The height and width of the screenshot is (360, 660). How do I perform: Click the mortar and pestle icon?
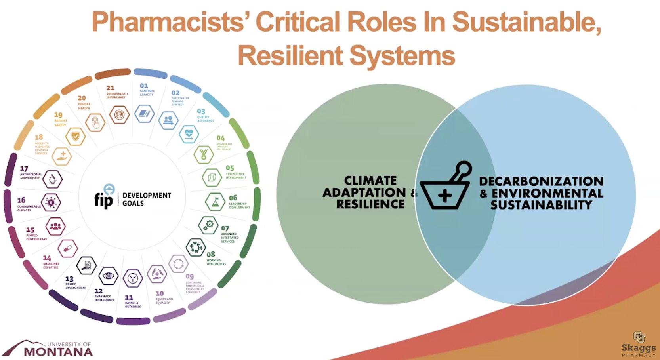pos(446,187)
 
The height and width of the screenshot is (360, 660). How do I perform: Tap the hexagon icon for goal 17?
pos(52,179)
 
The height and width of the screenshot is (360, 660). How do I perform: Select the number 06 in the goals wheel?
pos(233,197)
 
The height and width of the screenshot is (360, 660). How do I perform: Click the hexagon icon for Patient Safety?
pos(75,137)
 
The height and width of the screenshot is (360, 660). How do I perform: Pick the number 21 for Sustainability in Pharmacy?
pos(111,88)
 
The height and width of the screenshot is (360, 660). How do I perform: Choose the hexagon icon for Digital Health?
pos(95,123)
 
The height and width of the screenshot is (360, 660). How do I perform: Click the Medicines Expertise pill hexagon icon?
pos(68,249)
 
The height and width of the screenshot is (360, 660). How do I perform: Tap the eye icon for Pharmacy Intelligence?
pos(108,276)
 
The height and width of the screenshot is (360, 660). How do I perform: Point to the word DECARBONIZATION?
pos(541,181)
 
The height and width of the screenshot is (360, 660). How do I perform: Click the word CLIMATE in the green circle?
pos(370,181)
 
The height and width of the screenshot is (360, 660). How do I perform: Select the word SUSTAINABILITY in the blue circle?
pos(541,205)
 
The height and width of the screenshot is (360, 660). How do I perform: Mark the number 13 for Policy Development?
pos(69,279)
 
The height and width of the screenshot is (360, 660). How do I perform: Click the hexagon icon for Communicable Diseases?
pos(51,203)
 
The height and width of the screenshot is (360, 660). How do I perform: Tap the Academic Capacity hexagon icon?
pos(144,114)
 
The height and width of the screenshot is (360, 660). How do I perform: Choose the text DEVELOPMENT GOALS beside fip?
pos(147,199)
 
